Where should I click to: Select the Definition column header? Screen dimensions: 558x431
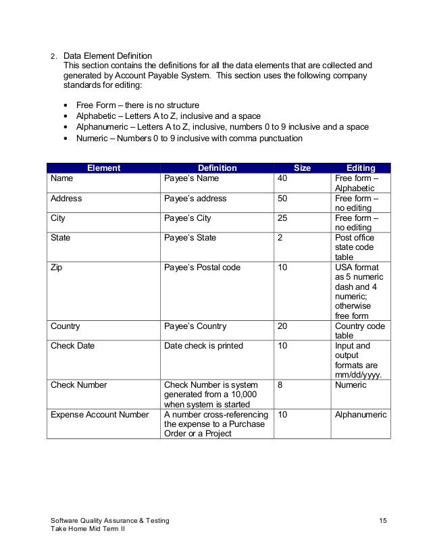tap(217, 168)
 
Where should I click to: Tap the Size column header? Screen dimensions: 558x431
tap(302, 168)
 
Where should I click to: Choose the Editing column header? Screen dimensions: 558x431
tap(361, 168)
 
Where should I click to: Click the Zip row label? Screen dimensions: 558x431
tap(57, 268)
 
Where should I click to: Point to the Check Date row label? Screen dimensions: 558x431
tap(72, 346)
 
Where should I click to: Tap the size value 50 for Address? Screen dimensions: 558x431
tap(283, 199)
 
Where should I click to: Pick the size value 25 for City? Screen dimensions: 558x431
tap(283, 219)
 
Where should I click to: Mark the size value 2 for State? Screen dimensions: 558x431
tap(280, 238)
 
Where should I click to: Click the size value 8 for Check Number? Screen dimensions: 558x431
tap(280, 385)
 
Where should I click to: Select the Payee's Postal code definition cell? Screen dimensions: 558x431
tap(202, 268)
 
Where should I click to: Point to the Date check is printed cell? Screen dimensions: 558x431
tap(203, 346)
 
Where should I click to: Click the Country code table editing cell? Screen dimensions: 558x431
tap(359, 331)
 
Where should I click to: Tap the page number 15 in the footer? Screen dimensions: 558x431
tap(383, 520)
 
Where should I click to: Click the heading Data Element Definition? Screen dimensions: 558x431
tap(107, 55)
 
